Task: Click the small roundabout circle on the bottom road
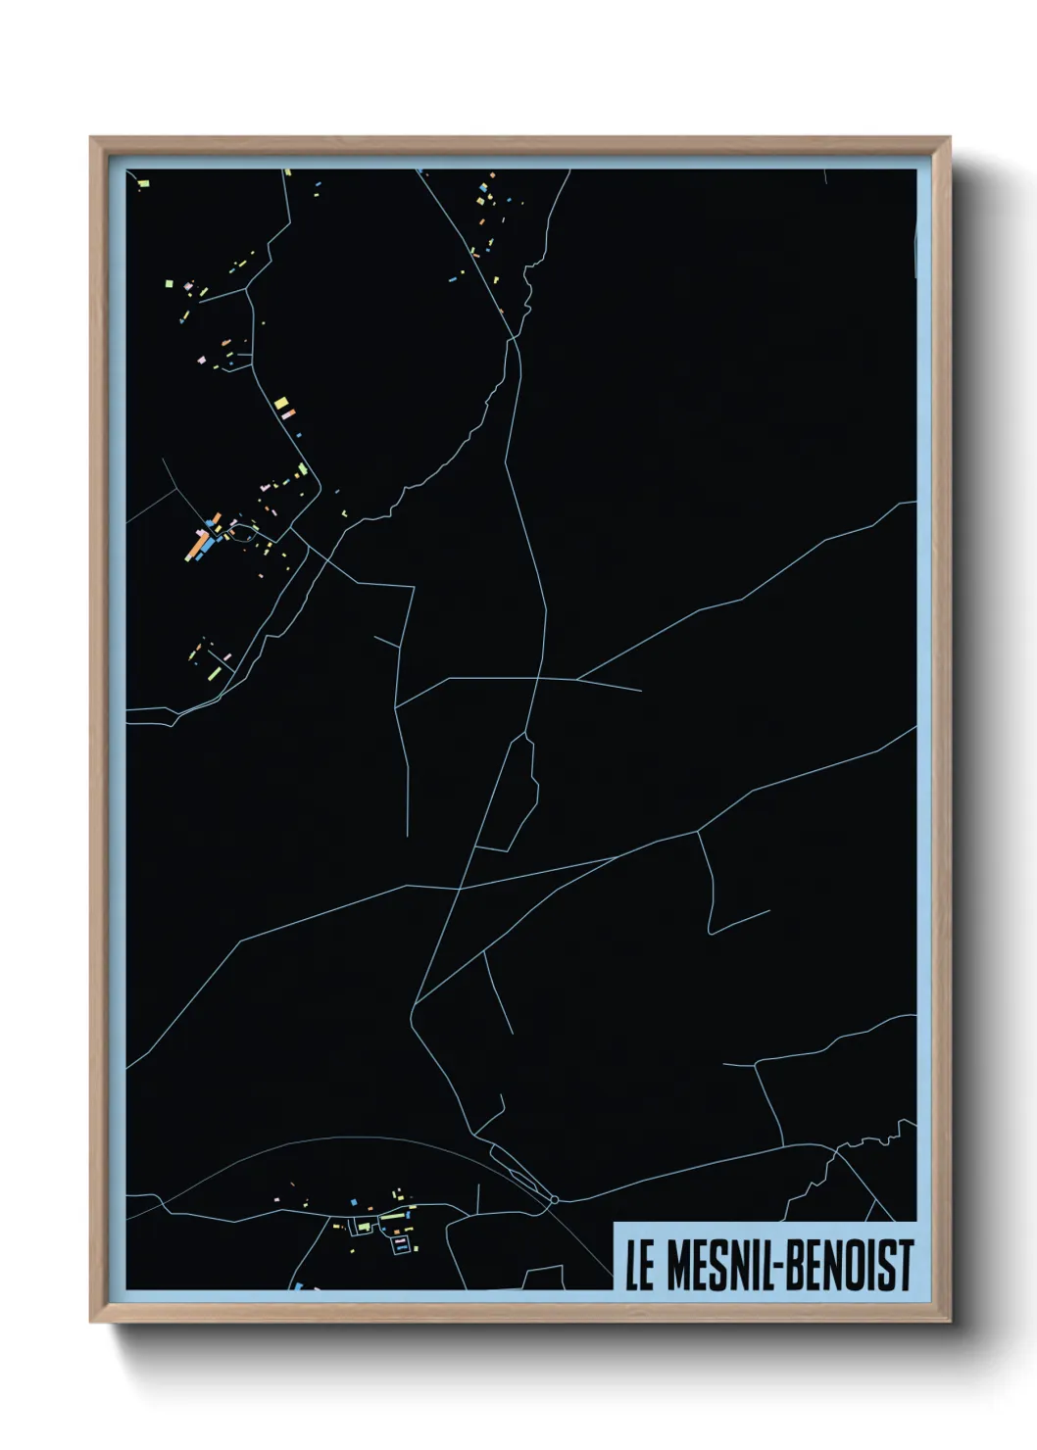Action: (554, 1199)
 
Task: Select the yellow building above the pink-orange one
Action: (280, 402)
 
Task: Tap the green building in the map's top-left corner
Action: (143, 181)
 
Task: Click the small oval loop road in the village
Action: (243, 532)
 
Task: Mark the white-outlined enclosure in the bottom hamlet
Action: (401, 1244)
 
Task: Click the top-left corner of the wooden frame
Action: (92, 139)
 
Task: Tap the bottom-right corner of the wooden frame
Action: (949, 1321)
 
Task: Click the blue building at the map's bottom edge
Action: (298, 1285)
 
